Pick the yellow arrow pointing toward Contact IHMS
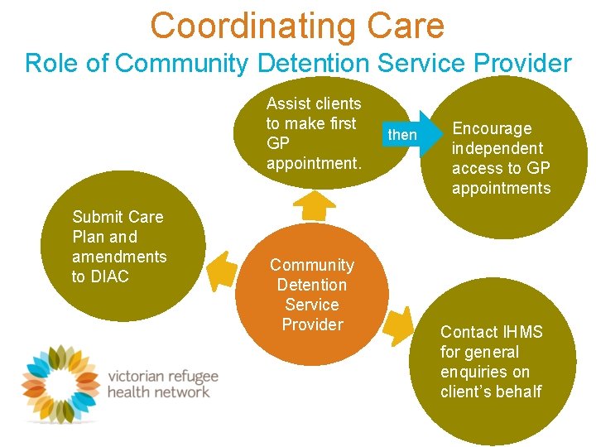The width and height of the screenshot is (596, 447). click(x=399, y=325)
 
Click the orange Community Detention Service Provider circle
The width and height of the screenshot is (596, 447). click(x=312, y=295)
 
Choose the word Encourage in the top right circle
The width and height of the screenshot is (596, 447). click(x=492, y=128)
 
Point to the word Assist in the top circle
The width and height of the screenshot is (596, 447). click(x=286, y=103)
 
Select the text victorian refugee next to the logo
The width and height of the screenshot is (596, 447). click(x=163, y=376)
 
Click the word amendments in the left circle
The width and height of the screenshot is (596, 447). click(x=119, y=257)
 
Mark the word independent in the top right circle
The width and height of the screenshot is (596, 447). click(x=497, y=148)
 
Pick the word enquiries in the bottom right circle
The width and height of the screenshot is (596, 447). click(x=473, y=372)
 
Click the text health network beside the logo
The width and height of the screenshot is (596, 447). click(x=158, y=392)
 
